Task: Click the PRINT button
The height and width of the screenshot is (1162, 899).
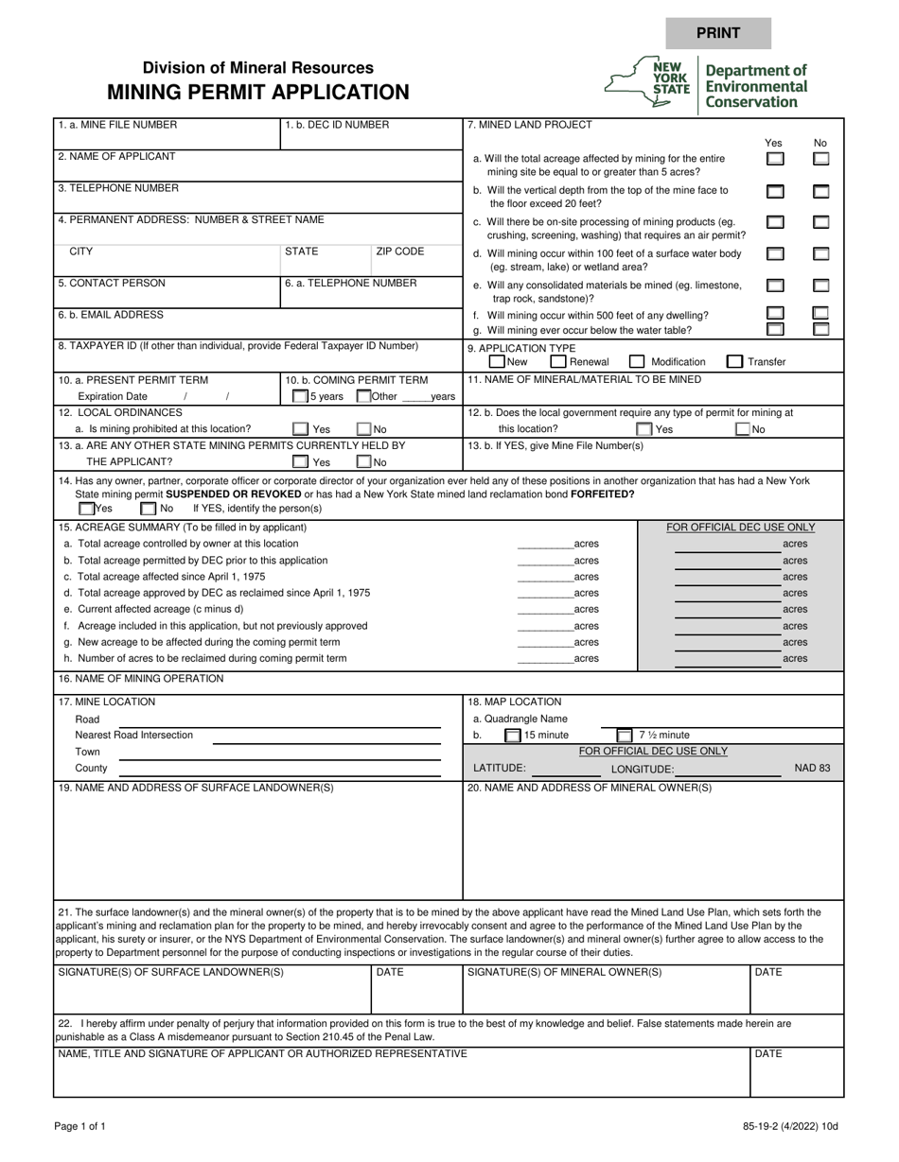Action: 718,33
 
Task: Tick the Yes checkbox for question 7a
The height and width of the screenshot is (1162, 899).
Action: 774,160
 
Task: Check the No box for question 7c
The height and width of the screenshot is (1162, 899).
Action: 821,223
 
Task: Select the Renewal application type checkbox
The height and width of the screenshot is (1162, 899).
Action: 558,361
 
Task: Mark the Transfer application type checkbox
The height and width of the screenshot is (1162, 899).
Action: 734,361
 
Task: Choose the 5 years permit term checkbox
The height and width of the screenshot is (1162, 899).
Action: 300,397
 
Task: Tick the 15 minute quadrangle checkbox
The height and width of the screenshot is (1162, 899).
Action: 512,735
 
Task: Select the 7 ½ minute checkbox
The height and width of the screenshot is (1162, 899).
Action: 625,735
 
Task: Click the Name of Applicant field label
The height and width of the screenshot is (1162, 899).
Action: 116,157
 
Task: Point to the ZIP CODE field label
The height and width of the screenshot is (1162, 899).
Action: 400,252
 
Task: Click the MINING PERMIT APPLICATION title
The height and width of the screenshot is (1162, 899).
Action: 257,92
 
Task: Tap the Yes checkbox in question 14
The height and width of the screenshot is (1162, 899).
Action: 86,509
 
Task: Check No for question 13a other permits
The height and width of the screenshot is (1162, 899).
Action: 363,462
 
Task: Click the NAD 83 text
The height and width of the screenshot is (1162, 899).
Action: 812,768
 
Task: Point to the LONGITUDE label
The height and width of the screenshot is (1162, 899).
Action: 643,769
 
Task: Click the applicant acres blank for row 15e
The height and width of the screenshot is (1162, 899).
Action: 545,610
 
